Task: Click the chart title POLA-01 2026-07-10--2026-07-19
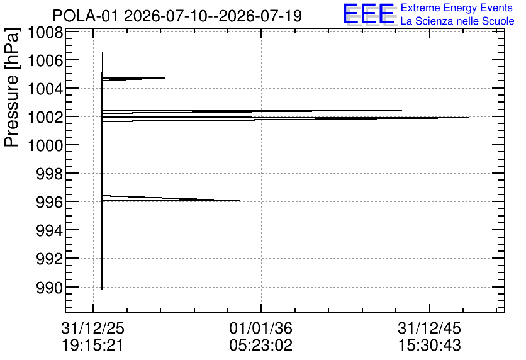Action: [177, 16]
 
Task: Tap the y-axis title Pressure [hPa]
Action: [12, 87]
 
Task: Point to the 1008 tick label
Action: [45, 33]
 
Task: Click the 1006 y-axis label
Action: [45, 61]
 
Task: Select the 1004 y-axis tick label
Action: [45, 89]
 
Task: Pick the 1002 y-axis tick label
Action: [45, 118]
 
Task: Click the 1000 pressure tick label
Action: [45, 146]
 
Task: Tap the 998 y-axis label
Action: [50, 174]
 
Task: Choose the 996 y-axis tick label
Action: [50, 203]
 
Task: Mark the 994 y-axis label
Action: [50, 231]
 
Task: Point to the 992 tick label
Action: [50, 259]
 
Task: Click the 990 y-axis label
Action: [50, 288]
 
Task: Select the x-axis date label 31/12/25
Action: [93, 328]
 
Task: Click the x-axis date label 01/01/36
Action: [261, 328]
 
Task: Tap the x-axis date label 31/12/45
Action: [430, 328]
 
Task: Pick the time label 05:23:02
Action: [261, 345]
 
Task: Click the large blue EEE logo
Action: [369, 14]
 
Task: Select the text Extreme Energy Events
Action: [457, 8]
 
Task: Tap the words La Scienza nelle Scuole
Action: [457, 21]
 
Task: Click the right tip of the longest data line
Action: [468, 118]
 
